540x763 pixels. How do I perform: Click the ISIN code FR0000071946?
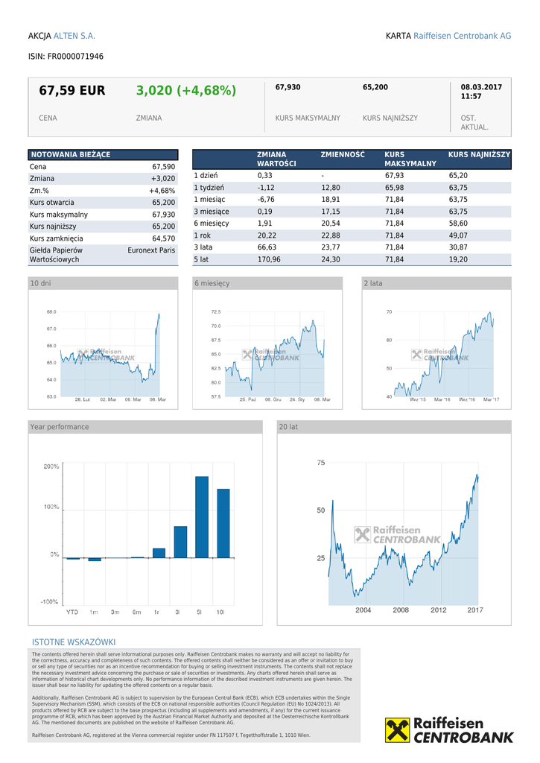click(75, 57)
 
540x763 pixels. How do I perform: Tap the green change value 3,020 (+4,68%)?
click(185, 91)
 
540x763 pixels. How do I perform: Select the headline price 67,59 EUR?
click(72, 91)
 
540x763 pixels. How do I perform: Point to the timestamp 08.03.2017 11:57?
click(481, 92)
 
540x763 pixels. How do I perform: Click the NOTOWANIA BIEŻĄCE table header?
click(70, 154)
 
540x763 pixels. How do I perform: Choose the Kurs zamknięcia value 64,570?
click(163, 238)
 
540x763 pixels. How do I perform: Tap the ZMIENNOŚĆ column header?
click(343, 155)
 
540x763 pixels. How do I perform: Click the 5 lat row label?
click(201, 259)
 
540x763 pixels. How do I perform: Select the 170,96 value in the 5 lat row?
click(269, 259)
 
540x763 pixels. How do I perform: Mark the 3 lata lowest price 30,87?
click(458, 247)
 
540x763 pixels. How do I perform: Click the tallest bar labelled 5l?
click(202, 516)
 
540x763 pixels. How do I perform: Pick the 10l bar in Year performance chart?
click(223, 523)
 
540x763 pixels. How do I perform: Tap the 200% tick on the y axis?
click(51, 467)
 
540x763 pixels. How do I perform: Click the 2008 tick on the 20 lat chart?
click(401, 610)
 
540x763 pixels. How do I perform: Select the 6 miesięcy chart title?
click(212, 284)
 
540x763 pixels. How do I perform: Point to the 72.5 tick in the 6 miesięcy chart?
click(215, 312)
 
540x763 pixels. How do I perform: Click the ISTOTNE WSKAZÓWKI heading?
click(74, 642)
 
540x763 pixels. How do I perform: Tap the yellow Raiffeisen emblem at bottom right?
click(397, 730)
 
